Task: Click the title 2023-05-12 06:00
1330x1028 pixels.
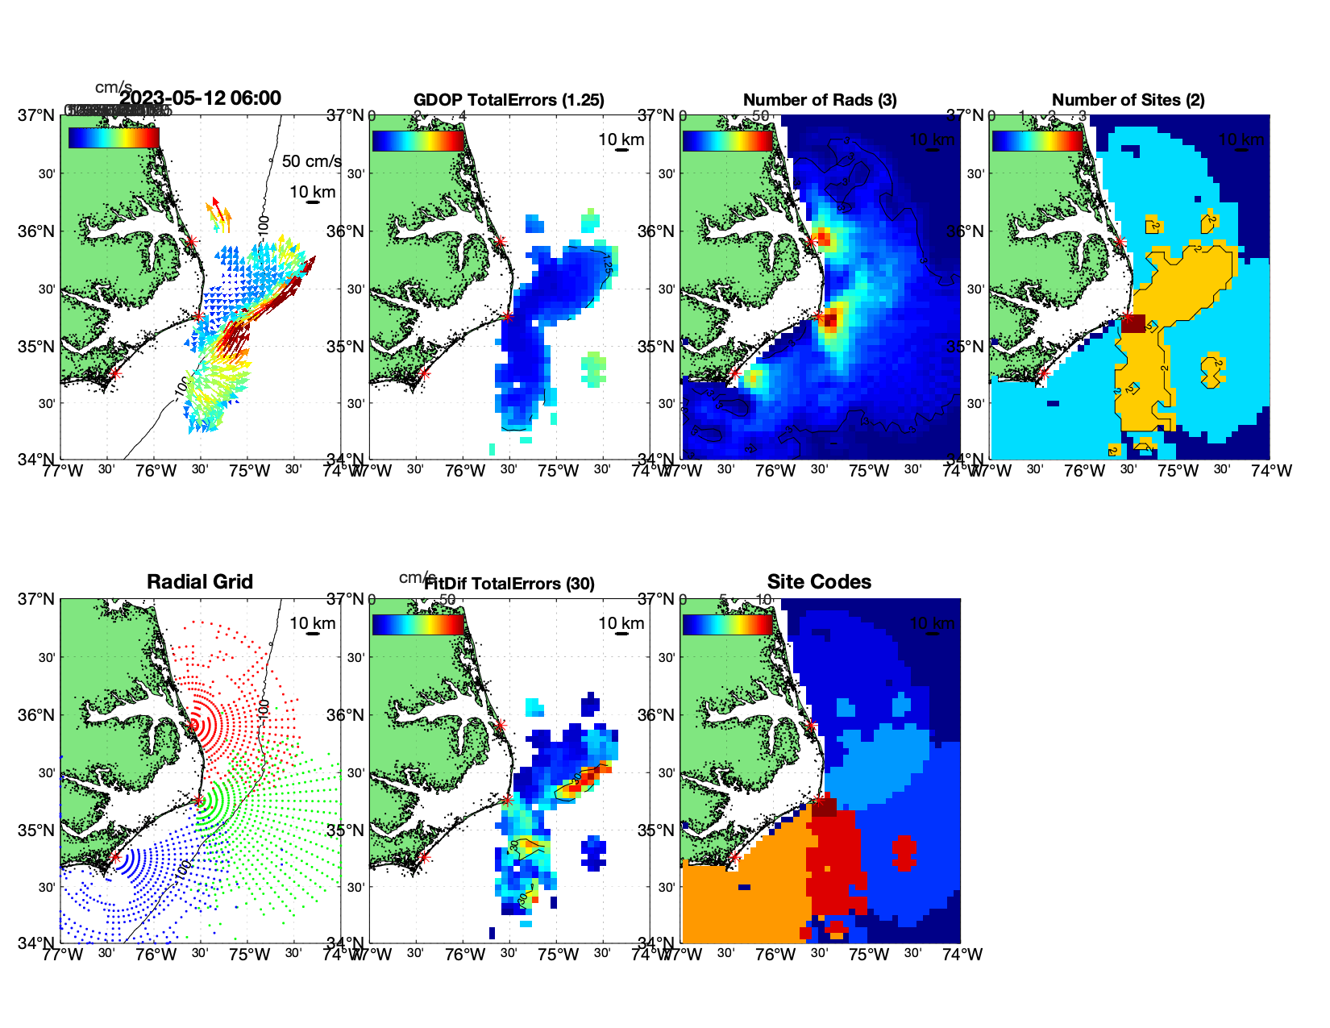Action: click(x=201, y=98)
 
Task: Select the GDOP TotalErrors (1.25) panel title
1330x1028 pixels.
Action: click(x=509, y=100)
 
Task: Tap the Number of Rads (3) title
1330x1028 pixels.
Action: click(x=820, y=100)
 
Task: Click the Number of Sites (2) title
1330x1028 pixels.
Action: click(x=1128, y=100)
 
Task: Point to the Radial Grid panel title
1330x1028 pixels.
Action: click(x=200, y=582)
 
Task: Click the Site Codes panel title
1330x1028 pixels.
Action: click(x=819, y=582)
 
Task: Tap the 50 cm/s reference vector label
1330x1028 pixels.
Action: click(x=311, y=161)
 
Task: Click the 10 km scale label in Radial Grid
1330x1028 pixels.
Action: click(x=313, y=623)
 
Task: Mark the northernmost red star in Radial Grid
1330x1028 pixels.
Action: click(x=192, y=725)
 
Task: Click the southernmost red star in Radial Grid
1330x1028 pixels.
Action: click(x=114, y=857)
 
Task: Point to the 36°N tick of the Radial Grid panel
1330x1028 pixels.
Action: click(x=38, y=715)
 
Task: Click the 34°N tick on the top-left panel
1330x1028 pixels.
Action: click(x=38, y=460)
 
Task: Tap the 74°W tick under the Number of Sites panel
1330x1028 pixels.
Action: click(x=1271, y=471)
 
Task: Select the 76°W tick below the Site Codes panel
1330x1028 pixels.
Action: click(x=775, y=955)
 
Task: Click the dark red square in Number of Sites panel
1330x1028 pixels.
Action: click(x=1133, y=323)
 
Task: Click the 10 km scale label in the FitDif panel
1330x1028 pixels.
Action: click(x=621, y=623)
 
